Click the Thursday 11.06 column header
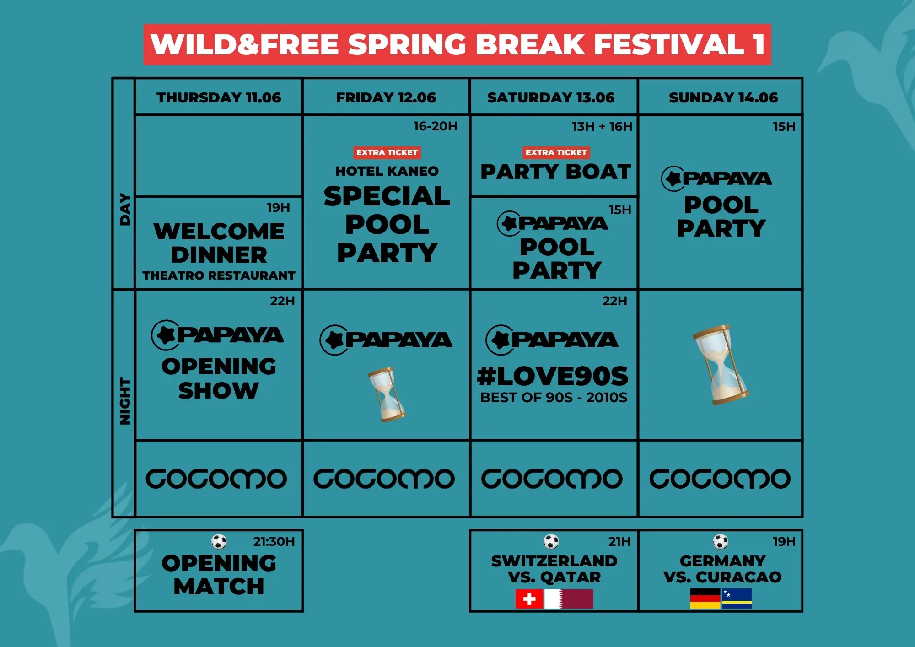(219, 97)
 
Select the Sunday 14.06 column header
(723, 97)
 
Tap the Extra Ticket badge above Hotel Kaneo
(387, 152)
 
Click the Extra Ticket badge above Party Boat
(556, 152)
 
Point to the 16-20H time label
(435, 126)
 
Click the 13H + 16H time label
(602, 126)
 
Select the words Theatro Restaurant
(219, 275)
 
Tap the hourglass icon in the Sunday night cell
(721, 365)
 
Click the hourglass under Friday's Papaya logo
(387, 394)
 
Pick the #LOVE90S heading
(553, 376)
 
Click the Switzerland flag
(529, 599)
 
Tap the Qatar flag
(569, 599)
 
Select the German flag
(705, 598)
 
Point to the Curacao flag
(737, 598)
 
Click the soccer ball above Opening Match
(219, 542)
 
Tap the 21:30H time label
(274, 542)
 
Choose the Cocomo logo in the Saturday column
(552, 479)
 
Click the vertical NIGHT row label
(124, 401)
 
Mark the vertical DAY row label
(124, 210)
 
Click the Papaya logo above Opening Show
(217, 335)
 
